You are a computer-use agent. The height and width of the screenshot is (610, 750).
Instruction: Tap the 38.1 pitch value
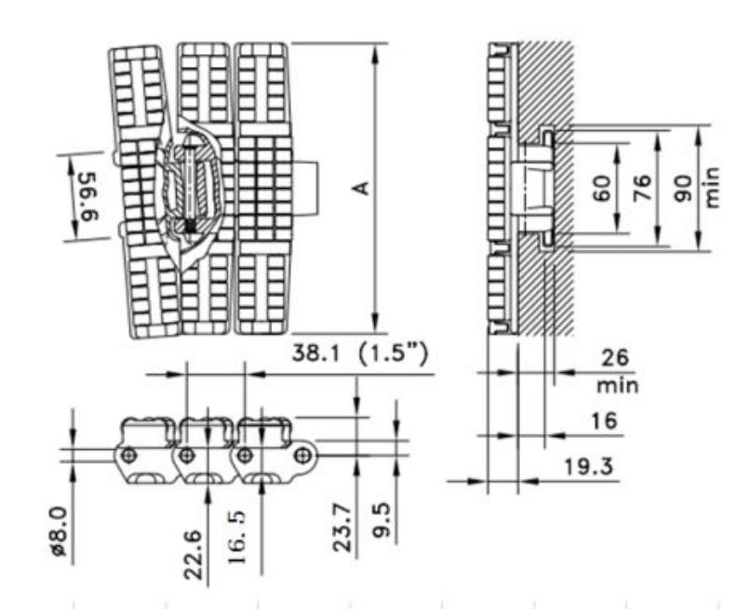point(320,354)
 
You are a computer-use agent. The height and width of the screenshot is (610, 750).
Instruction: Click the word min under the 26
point(617,384)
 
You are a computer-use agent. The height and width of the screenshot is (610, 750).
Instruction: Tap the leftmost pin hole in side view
point(129,455)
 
